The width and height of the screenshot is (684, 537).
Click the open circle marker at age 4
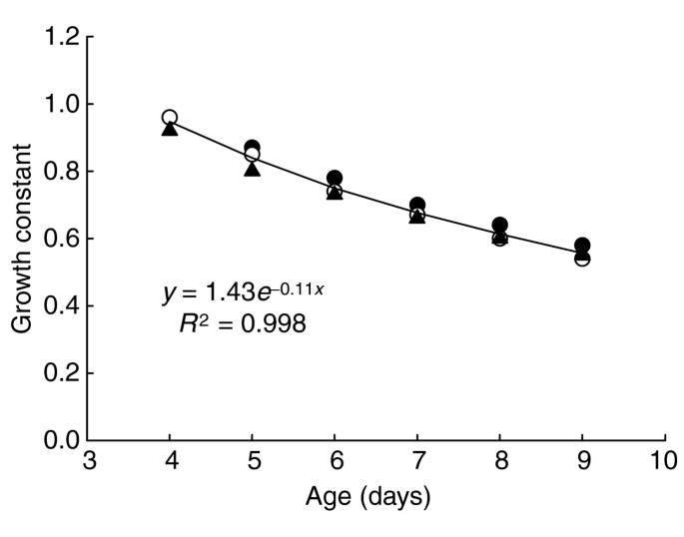pyautogui.click(x=170, y=118)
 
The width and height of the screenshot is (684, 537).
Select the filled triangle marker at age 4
pyautogui.click(x=170, y=129)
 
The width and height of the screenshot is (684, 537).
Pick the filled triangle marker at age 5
pyautogui.click(x=252, y=169)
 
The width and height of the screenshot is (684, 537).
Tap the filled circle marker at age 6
pyautogui.click(x=335, y=178)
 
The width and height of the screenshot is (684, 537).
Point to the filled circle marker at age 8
pyautogui.click(x=499, y=226)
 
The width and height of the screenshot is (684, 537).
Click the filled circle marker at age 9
pyautogui.click(x=582, y=246)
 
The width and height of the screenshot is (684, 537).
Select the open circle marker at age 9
pyautogui.click(x=582, y=259)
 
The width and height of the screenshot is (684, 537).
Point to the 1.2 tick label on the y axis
pyautogui.click(x=59, y=37)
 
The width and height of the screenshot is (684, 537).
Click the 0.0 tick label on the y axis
pyautogui.click(x=59, y=440)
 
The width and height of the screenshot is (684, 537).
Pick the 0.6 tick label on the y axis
pyautogui.click(x=59, y=239)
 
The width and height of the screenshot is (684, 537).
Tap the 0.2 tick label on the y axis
pyautogui.click(x=59, y=373)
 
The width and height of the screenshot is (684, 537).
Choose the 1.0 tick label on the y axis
pyautogui.click(x=59, y=104)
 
